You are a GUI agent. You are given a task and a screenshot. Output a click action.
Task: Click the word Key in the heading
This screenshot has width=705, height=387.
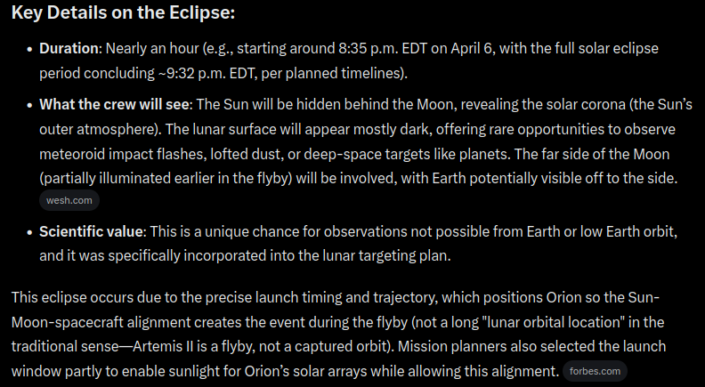pyautogui.click(x=28, y=15)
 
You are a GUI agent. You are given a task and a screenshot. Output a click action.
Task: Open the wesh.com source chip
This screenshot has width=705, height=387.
pyautogui.click(x=69, y=201)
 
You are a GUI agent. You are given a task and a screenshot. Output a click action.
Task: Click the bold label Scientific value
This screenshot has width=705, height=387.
pyautogui.click(x=91, y=232)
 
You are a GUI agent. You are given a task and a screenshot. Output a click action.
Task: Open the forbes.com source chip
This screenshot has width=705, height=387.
pyautogui.click(x=596, y=371)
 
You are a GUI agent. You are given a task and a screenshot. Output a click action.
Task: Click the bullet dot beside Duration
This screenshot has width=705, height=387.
pyautogui.click(x=30, y=49)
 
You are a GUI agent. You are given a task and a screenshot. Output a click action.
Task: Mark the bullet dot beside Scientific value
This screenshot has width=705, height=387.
pyautogui.click(x=30, y=232)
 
